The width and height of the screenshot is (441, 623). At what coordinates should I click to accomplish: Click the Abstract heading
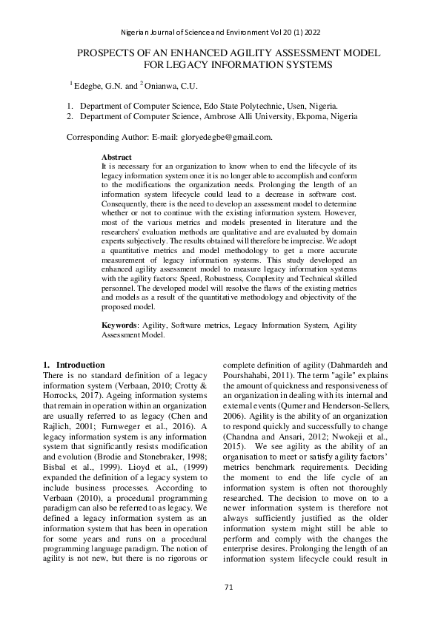click(x=116, y=158)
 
